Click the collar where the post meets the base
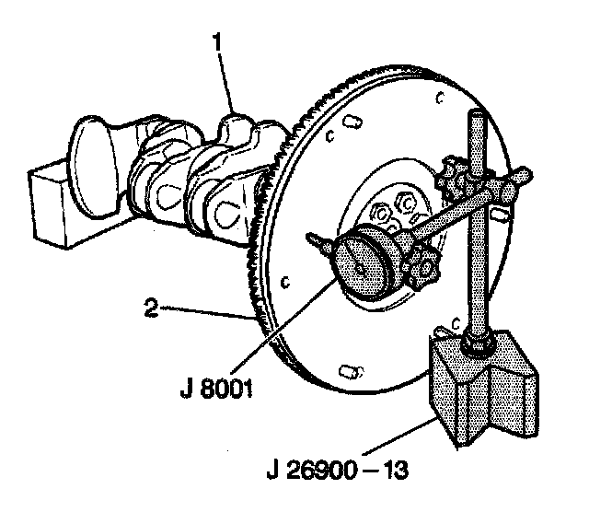click(477, 344)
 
